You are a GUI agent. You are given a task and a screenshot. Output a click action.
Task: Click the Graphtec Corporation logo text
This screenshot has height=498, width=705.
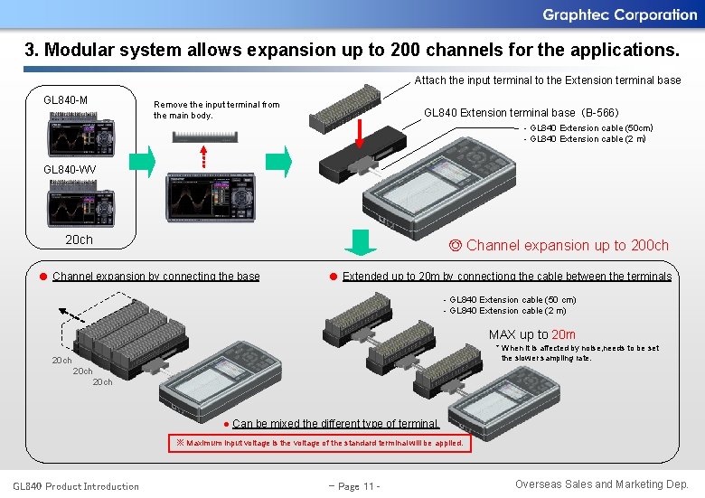619,14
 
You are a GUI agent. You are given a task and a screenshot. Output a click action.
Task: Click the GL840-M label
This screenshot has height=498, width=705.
66,99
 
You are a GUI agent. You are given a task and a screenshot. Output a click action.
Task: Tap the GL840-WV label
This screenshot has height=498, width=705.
69,169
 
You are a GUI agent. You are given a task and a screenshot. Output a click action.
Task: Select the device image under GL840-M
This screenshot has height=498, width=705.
81,134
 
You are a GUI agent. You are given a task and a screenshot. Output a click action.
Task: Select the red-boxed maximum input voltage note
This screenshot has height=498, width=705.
319,443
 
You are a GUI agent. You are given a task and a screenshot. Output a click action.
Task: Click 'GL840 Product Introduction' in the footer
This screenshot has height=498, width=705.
76,486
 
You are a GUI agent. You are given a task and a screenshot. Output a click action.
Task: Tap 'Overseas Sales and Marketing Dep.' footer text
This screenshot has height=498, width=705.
601,484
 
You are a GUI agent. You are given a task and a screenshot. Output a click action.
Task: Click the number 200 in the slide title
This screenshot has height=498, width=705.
405,50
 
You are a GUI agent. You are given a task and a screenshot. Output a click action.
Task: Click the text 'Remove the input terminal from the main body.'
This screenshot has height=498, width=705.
217,110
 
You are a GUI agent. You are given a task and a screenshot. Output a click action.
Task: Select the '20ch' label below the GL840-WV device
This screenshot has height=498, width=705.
79,240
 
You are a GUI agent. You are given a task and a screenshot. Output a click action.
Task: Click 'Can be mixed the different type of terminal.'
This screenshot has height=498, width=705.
335,423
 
